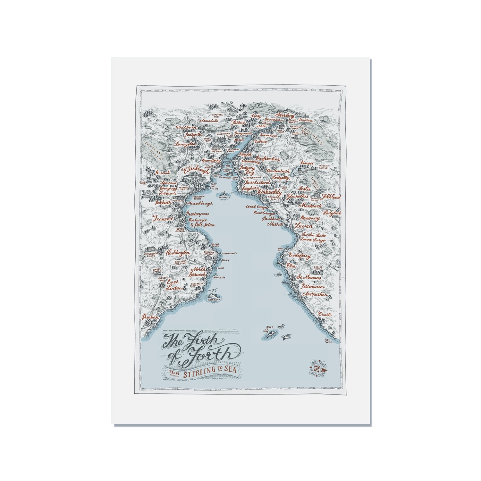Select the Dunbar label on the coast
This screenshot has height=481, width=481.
point(151,317)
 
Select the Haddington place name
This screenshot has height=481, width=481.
point(177,253)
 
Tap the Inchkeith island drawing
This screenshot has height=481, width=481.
point(224,194)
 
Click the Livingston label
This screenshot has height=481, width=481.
point(185,144)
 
